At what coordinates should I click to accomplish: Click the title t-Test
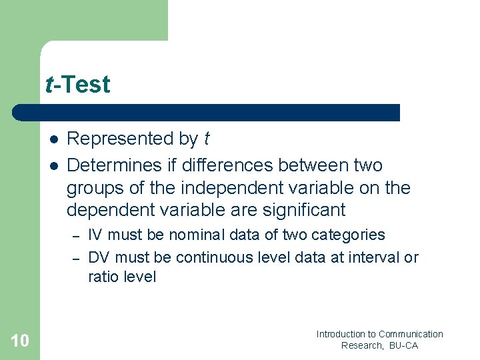coord(77,85)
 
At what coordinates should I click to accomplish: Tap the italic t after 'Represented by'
coord(206,139)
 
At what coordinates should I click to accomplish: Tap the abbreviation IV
coord(95,235)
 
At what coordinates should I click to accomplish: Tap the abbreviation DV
coord(98,257)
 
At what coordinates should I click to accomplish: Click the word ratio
coord(103,277)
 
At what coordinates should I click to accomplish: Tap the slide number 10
coord(20,341)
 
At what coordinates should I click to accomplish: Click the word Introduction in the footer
coord(341,334)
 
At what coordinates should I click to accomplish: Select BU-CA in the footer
coord(404,345)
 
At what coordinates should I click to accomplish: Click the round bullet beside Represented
coord(53,139)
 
